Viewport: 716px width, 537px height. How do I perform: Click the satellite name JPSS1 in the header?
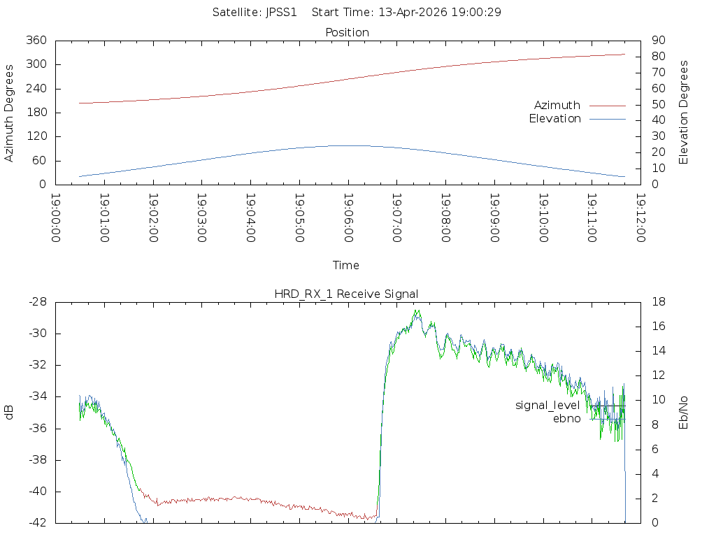(x=281, y=12)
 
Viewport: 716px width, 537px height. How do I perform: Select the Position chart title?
(x=348, y=32)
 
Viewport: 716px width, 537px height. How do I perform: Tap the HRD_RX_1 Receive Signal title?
(x=346, y=294)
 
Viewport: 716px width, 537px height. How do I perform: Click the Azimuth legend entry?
(x=557, y=105)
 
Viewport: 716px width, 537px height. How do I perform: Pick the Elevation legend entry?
(x=554, y=119)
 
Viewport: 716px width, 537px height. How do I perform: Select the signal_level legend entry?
(x=547, y=406)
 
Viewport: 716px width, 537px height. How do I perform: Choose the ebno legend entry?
(x=566, y=419)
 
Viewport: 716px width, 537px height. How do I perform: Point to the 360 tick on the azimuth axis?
(x=36, y=41)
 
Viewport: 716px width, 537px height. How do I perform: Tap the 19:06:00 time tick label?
(x=348, y=218)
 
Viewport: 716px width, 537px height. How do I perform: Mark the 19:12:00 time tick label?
(x=640, y=218)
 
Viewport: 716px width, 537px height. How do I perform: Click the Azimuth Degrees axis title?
(x=10, y=113)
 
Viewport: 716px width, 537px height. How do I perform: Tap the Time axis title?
(x=346, y=265)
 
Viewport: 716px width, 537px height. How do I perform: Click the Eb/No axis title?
(x=684, y=413)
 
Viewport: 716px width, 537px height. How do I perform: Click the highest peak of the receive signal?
(x=417, y=310)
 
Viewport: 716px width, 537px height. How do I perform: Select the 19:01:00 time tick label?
(x=103, y=218)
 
